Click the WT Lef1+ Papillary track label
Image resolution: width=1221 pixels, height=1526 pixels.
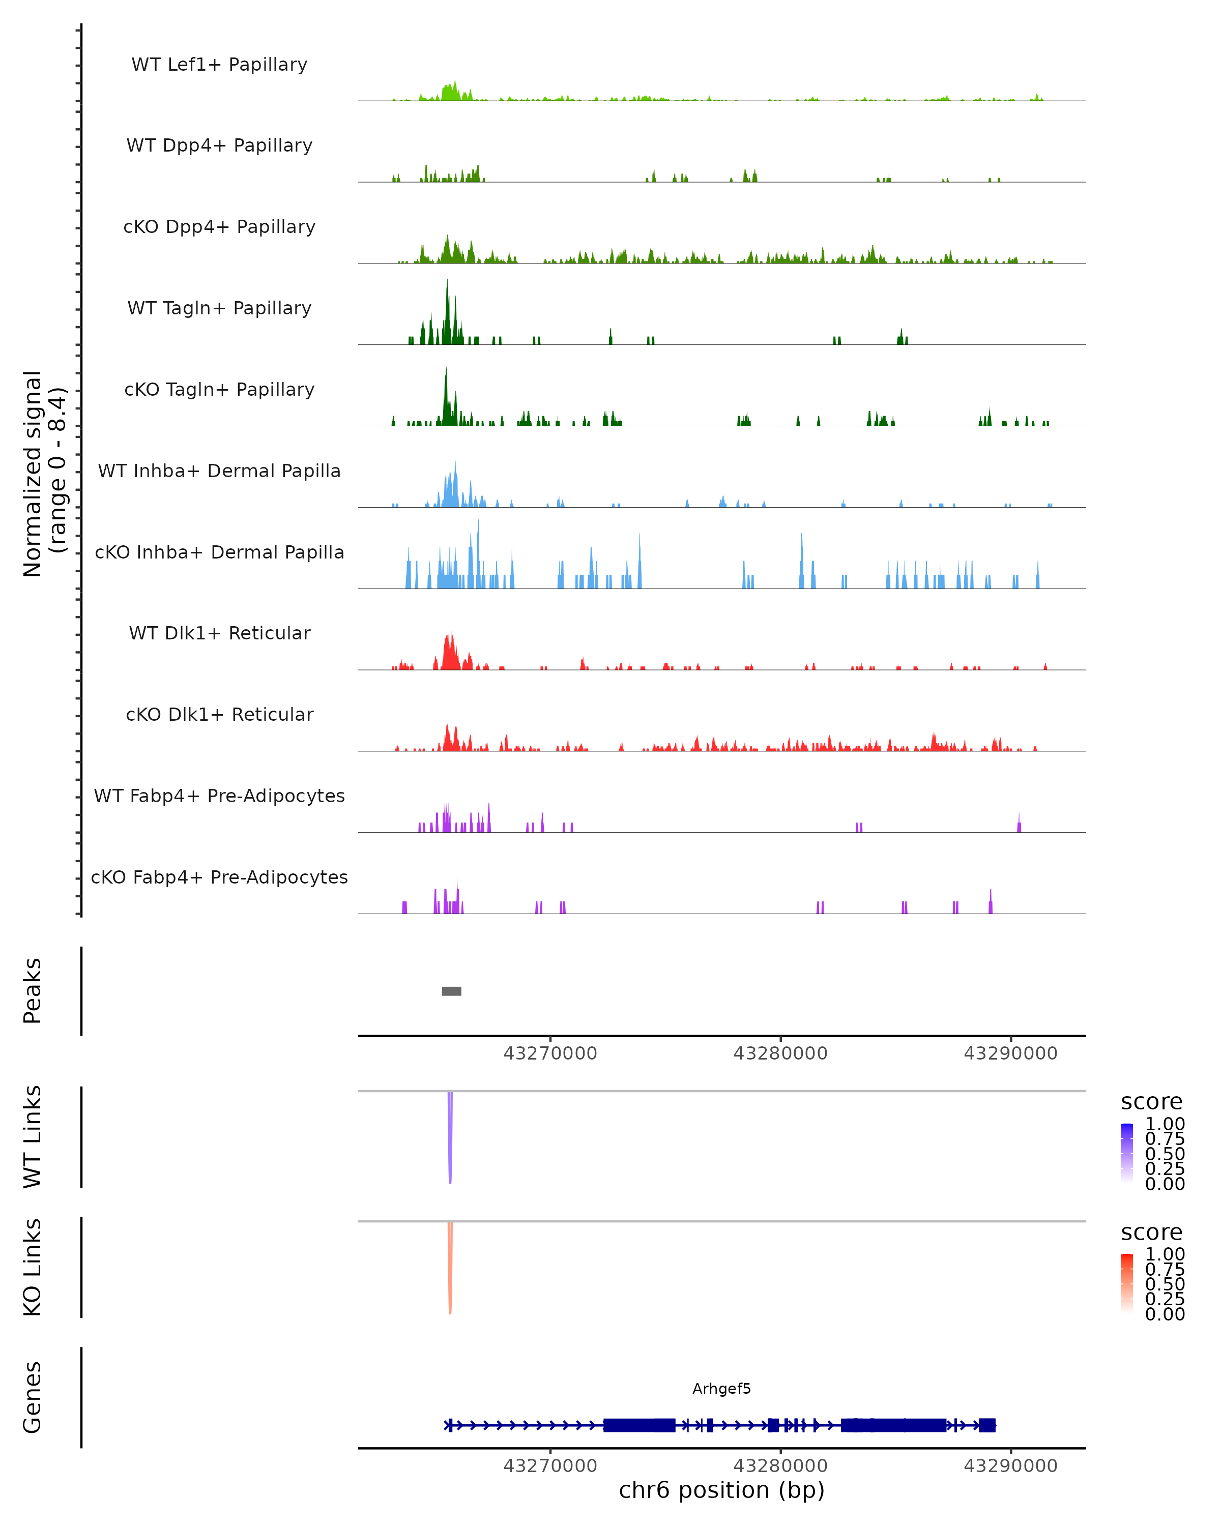[219, 65]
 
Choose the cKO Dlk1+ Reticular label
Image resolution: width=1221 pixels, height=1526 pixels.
[219, 714]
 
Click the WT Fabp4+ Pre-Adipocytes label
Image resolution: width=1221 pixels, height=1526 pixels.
[219, 796]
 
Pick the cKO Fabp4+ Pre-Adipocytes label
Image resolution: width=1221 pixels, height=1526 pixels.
[219, 877]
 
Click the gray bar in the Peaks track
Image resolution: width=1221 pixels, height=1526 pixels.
[452, 991]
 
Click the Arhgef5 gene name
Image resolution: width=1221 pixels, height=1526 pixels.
[721, 1389]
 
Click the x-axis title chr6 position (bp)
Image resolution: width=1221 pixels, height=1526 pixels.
[721, 1490]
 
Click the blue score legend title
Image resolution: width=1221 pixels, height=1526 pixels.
[1152, 1102]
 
